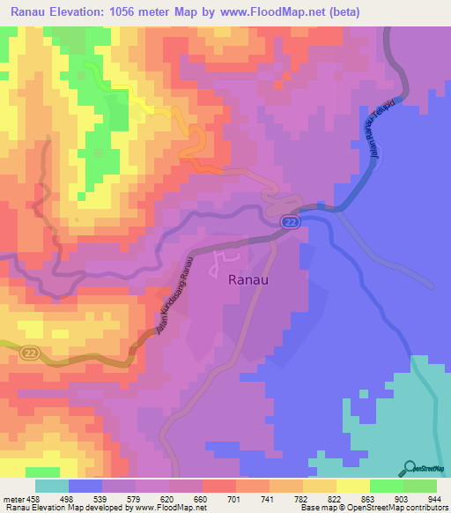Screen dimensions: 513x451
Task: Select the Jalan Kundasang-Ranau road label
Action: [175, 294]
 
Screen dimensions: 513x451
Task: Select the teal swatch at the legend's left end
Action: [52, 486]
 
